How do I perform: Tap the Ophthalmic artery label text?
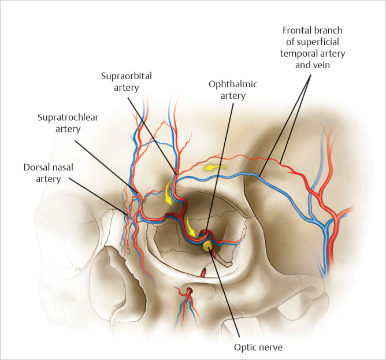(x=233, y=90)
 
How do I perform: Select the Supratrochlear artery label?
(x=67, y=123)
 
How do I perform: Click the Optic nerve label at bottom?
(x=258, y=347)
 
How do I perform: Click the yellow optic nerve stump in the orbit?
(x=207, y=245)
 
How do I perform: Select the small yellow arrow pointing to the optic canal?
(x=191, y=224)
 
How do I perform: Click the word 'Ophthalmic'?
(x=233, y=84)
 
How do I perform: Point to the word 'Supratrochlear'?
(x=67, y=117)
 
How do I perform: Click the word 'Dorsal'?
(x=37, y=167)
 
